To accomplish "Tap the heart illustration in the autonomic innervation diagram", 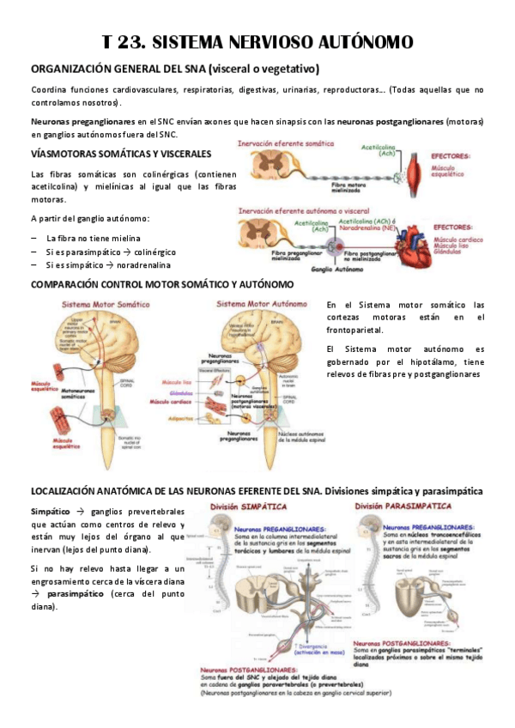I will (x=405, y=239).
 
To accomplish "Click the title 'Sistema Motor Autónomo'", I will (x=262, y=304).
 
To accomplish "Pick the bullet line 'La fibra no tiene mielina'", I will (x=93, y=238).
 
